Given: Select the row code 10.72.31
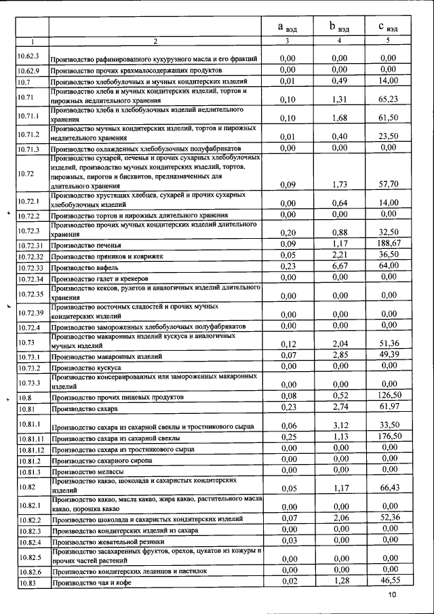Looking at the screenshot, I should click(31, 246).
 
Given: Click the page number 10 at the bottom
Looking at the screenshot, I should click(392, 595).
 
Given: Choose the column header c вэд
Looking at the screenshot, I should click(388, 27).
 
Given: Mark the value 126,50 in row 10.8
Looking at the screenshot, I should click(388, 395).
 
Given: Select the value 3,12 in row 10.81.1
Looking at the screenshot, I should click(339, 425).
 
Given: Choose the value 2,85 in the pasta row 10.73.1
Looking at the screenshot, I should click(339, 355).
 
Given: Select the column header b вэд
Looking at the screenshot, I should click(339, 27).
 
